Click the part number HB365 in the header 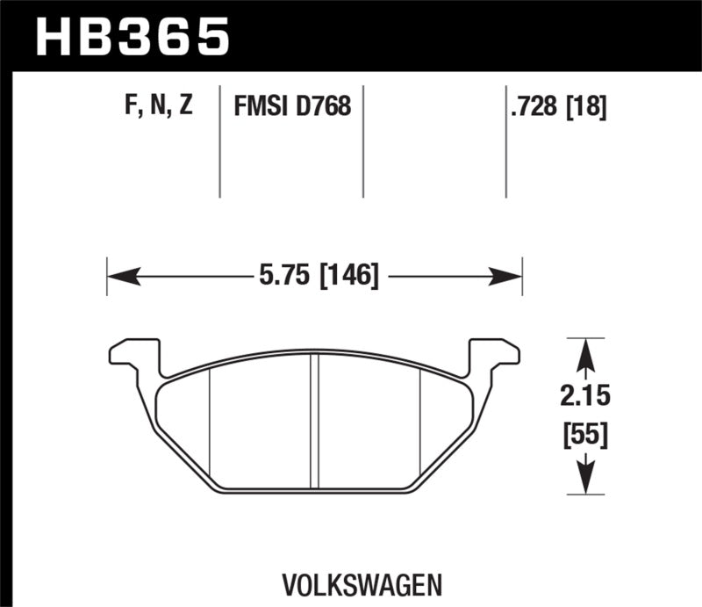(131, 36)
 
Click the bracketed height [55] (585, 433)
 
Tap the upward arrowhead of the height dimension (585, 351)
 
